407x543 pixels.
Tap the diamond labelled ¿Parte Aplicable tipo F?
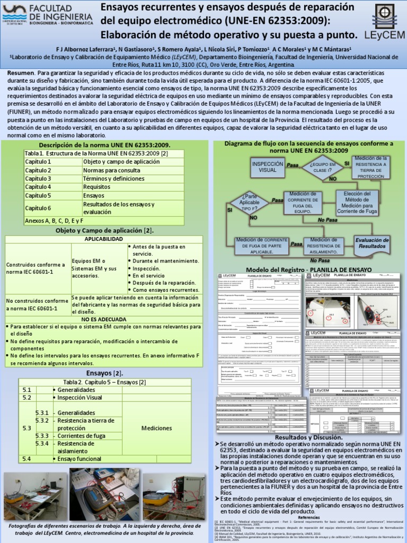(x=250, y=202)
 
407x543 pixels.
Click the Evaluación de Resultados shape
(x=372, y=243)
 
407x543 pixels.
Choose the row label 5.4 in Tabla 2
(x=26, y=458)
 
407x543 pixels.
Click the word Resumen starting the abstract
(x=20, y=72)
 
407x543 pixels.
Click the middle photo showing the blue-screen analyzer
(x=105, y=494)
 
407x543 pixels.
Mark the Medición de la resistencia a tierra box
(x=371, y=167)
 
